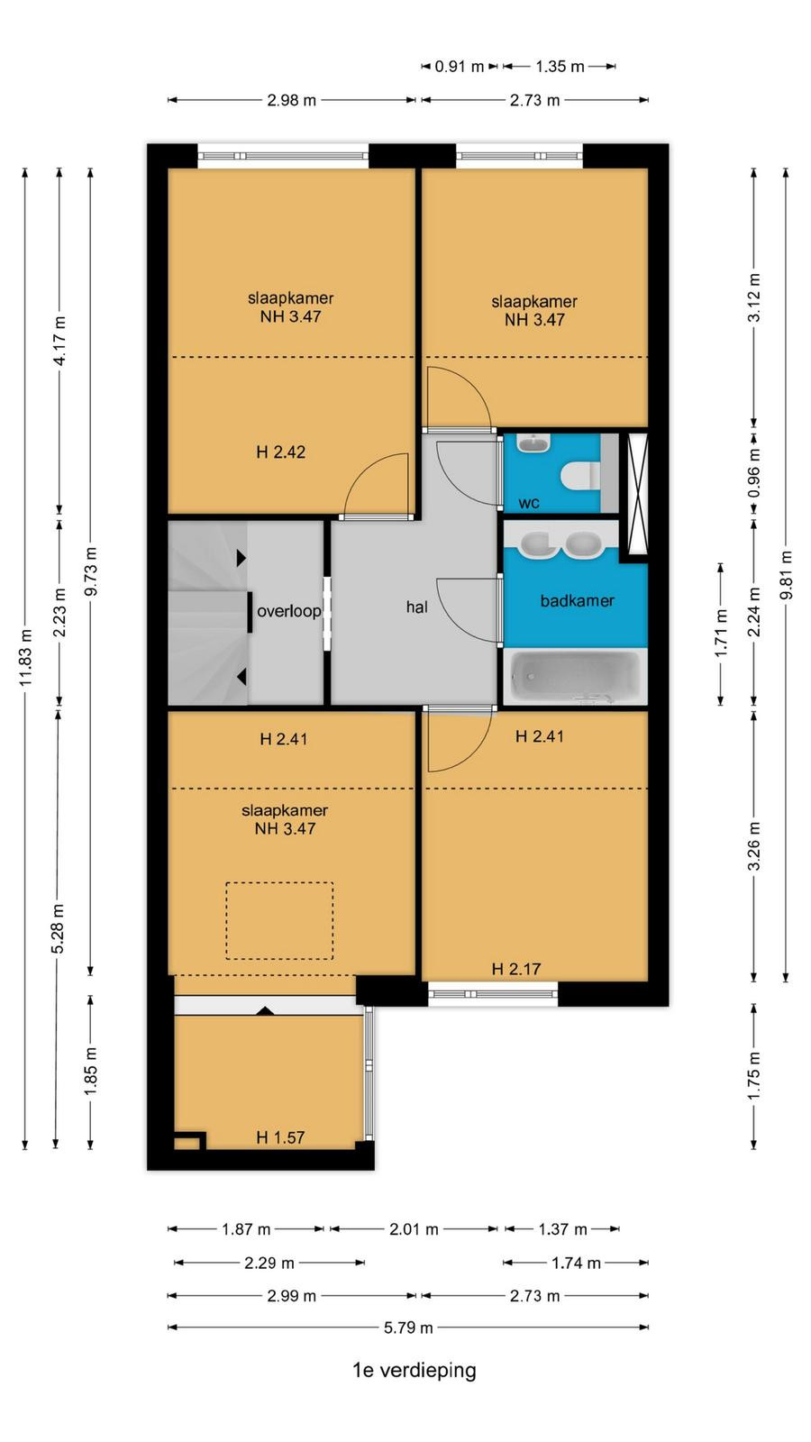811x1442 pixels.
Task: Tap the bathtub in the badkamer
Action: pyautogui.click(x=575, y=677)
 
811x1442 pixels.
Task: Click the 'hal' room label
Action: pyautogui.click(x=417, y=607)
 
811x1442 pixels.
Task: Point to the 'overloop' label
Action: pyautogui.click(x=289, y=611)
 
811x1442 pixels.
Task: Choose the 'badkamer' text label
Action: pyautogui.click(x=578, y=600)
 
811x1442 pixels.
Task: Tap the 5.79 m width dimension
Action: pyautogui.click(x=408, y=1327)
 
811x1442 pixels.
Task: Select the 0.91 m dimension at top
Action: pyautogui.click(x=459, y=67)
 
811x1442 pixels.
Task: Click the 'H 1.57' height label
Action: pyautogui.click(x=280, y=1137)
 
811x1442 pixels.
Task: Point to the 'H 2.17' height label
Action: pyautogui.click(x=516, y=969)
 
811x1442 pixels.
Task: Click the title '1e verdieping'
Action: pyautogui.click(x=414, y=1370)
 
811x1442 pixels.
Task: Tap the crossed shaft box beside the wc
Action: pyautogui.click(x=637, y=495)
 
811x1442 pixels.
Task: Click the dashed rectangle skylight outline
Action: pyautogui.click(x=279, y=882)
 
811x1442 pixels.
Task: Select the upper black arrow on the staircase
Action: pyautogui.click(x=241, y=558)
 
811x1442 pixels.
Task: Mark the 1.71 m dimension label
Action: pyautogui.click(x=721, y=634)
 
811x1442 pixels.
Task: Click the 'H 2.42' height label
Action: pyautogui.click(x=280, y=452)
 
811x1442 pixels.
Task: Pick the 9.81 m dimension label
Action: pyautogui.click(x=786, y=575)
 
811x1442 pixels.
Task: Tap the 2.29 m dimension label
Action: pyautogui.click(x=269, y=1263)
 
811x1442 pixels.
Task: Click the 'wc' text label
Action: pyautogui.click(x=529, y=504)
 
